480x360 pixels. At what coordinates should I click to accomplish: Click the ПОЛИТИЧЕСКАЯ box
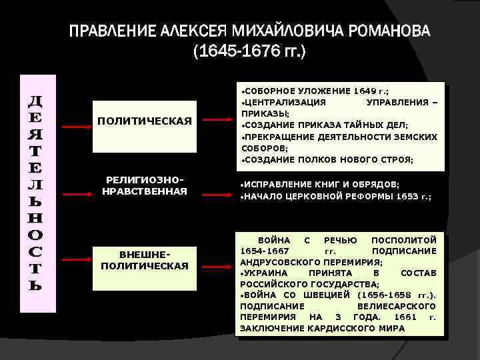[x=145, y=121]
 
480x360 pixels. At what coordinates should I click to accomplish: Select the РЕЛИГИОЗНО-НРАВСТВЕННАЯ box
[x=145, y=186]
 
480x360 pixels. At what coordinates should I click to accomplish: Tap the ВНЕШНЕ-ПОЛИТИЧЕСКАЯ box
[x=145, y=261]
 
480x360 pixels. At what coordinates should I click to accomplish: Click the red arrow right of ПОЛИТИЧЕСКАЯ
[x=217, y=121]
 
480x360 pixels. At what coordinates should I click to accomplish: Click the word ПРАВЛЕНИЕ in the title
[x=113, y=31]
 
